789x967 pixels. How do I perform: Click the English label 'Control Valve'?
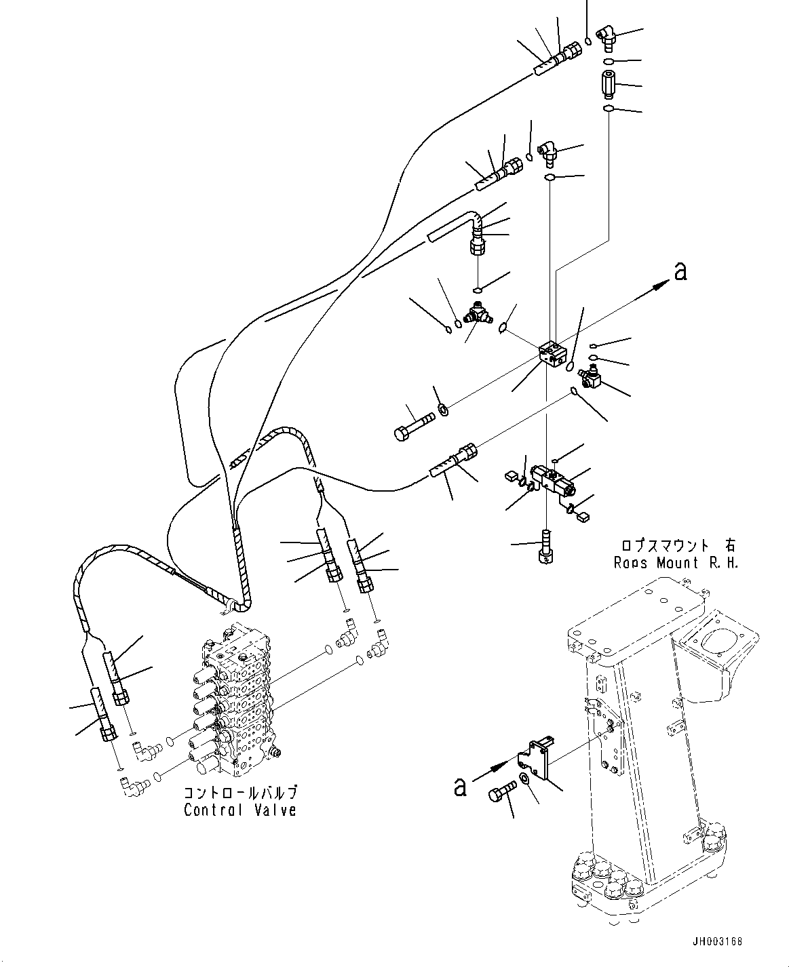click(x=240, y=810)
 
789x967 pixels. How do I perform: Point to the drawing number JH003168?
click(x=718, y=942)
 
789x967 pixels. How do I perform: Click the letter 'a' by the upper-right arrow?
click(x=681, y=271)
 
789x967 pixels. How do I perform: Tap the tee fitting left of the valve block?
click(x=476, y=313)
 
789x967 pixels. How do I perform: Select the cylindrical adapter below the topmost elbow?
click(x=608, y=85)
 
